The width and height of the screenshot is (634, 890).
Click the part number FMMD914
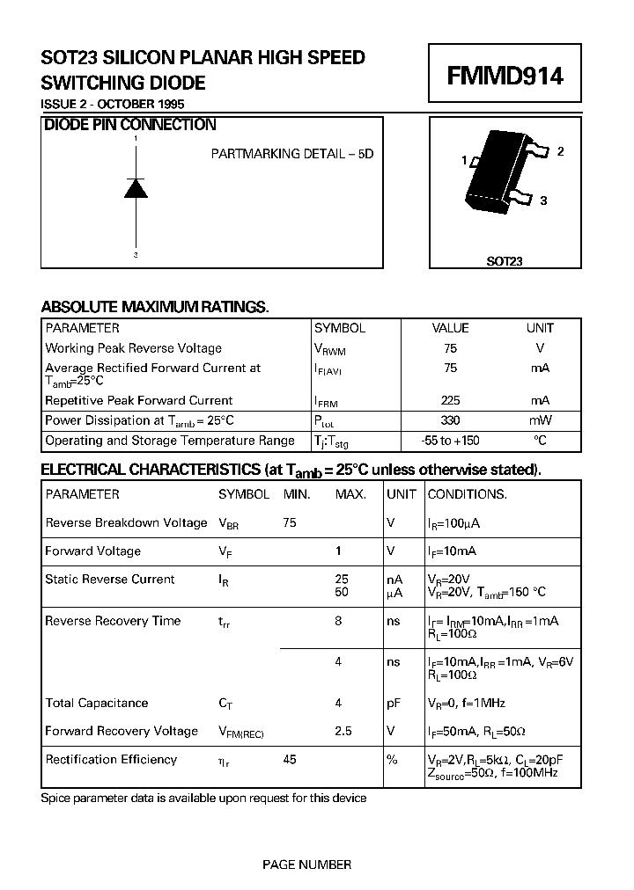(505, 77)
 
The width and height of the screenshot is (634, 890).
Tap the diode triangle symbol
(135, 188)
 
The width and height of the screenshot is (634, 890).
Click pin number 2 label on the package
(560, 151)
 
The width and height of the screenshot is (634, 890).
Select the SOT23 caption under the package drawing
(505, 261)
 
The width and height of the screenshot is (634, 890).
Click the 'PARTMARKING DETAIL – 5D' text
(291, 153)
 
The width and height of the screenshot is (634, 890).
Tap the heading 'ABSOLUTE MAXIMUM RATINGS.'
(155, 307)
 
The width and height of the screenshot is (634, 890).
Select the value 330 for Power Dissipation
(450, 420)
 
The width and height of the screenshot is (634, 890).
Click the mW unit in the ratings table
(540, 420)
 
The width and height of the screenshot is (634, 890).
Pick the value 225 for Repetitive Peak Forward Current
(450, 400)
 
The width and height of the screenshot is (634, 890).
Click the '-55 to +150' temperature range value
(450, 441)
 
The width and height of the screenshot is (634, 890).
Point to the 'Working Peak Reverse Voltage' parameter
(133, 348)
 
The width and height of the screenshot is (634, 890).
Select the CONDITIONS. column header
(467, 494)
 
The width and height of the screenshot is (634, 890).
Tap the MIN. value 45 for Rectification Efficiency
(290, 759)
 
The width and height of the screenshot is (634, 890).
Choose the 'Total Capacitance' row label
(97, 703)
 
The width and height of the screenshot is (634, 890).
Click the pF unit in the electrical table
(394, 703)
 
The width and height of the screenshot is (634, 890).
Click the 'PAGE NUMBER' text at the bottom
(306, 864)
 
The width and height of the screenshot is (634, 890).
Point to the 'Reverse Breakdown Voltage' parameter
(126, 522)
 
